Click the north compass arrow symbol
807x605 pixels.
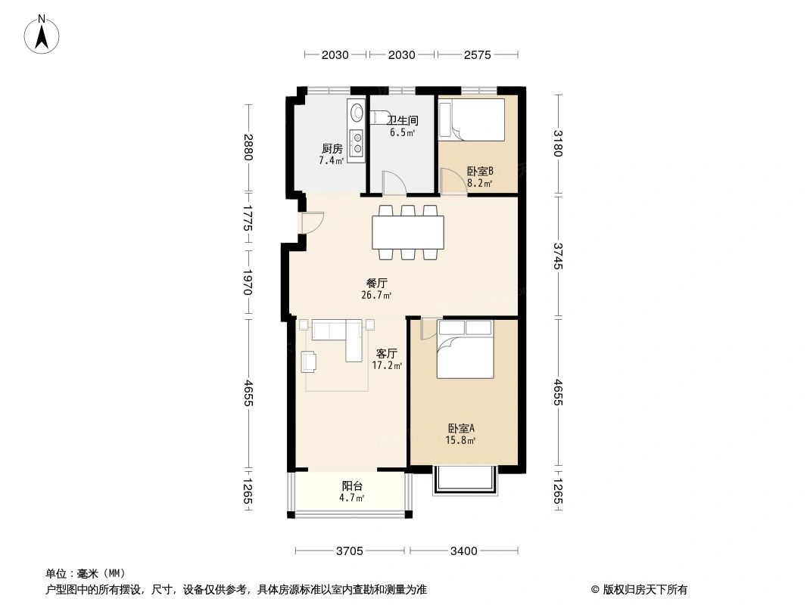(42, 35)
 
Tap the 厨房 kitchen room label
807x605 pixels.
(332, 148)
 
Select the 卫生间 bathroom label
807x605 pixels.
(403, 120)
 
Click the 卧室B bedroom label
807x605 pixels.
(480, 171)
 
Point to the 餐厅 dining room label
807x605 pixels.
(377, 283)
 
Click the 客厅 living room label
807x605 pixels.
(387, 353)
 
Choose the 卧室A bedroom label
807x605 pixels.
(461, 428)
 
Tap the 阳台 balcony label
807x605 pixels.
(353, 486)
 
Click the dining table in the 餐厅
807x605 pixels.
(408, 232)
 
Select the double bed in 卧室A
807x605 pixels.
(466, 349)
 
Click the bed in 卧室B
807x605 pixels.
(472, 119)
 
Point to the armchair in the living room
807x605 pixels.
(309, 361)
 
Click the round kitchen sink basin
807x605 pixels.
(356, 110)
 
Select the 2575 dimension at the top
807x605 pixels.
(477, 54)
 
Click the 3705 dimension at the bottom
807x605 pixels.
(350, 551)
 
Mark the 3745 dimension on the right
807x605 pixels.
(559, 256)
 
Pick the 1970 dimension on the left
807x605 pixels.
(248, 282)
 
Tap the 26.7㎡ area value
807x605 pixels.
(377, 295)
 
